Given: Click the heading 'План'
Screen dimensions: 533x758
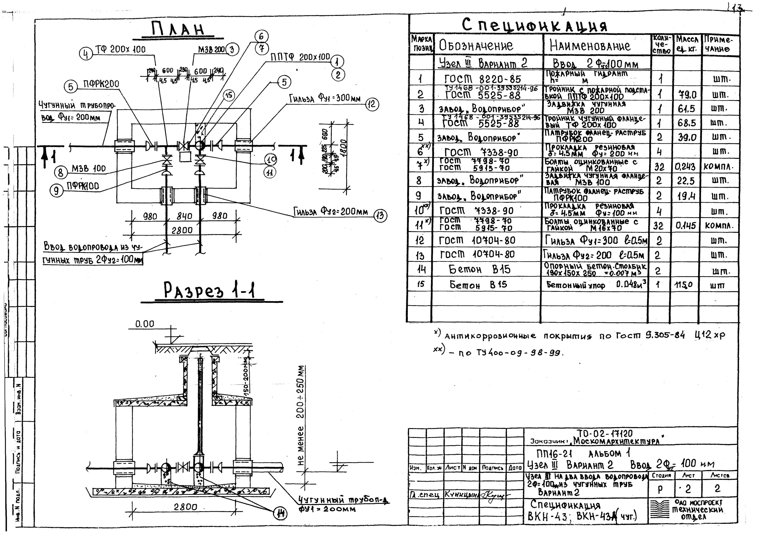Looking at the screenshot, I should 178,29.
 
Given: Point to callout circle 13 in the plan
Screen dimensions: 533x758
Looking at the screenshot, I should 380,216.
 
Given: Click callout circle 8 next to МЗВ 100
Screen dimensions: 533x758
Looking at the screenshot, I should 60,172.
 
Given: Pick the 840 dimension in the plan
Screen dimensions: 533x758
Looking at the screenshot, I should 184,216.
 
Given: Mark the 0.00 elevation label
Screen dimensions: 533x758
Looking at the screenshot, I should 145,324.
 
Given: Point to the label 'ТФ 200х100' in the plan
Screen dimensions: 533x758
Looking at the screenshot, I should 120,50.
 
